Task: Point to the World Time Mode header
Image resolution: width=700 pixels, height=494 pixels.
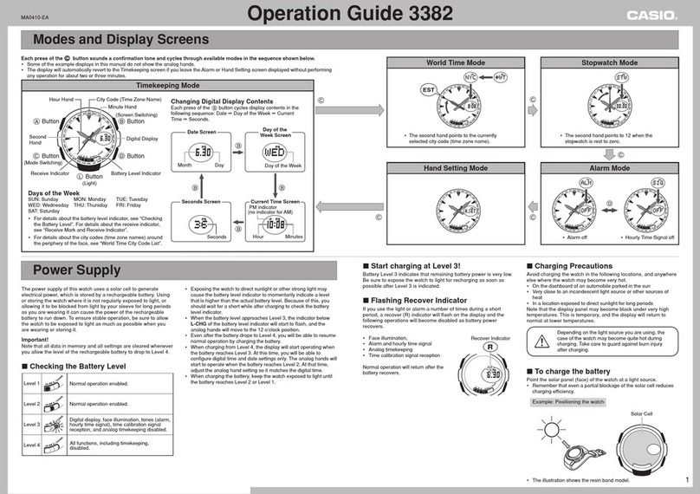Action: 457,63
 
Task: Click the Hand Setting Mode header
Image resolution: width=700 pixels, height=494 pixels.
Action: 457,168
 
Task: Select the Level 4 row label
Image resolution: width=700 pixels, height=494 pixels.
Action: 31,445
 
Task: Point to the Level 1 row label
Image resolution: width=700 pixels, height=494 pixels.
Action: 31,382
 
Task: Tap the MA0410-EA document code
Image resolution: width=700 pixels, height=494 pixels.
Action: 35,16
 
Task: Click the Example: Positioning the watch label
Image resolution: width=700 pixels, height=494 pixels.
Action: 567,403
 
